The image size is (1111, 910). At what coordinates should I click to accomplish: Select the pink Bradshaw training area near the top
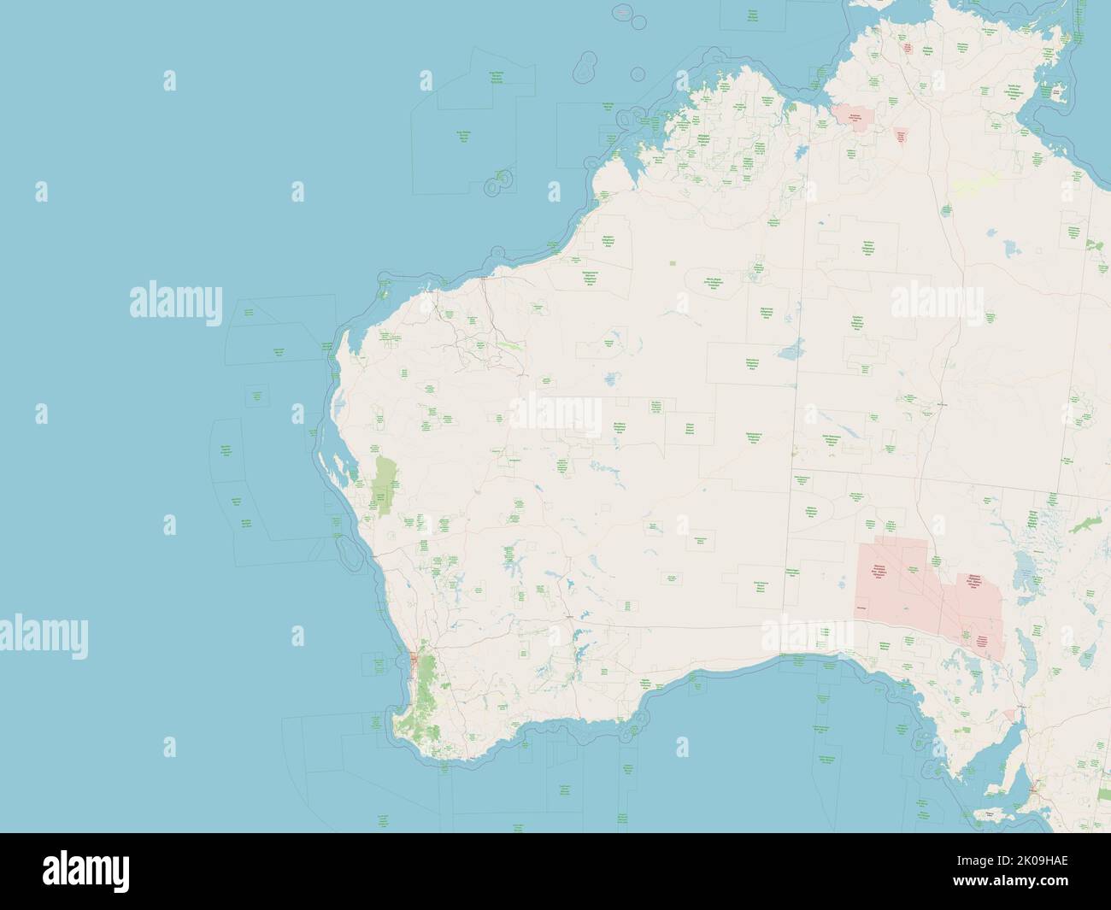pyautogui.click(x=852, y=114)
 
